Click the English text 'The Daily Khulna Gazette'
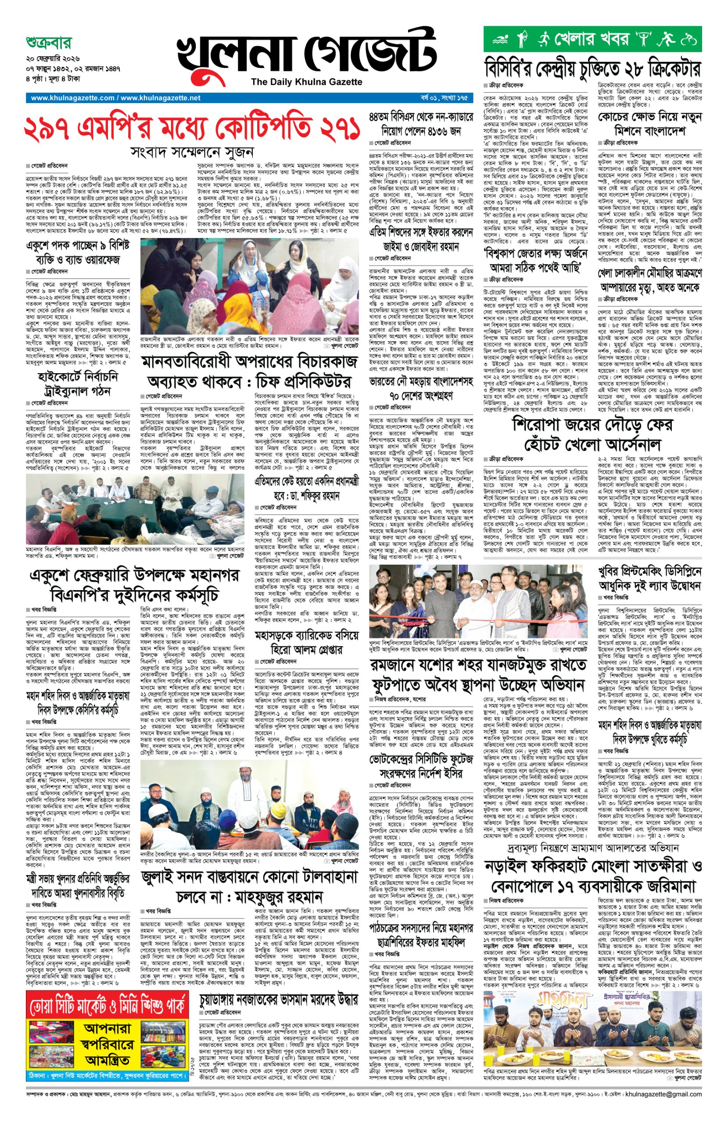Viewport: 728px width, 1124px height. tap(306, 82)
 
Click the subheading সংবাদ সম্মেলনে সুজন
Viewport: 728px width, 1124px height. tap(192, 151)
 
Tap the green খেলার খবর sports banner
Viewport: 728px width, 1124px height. tap(592, 39)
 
